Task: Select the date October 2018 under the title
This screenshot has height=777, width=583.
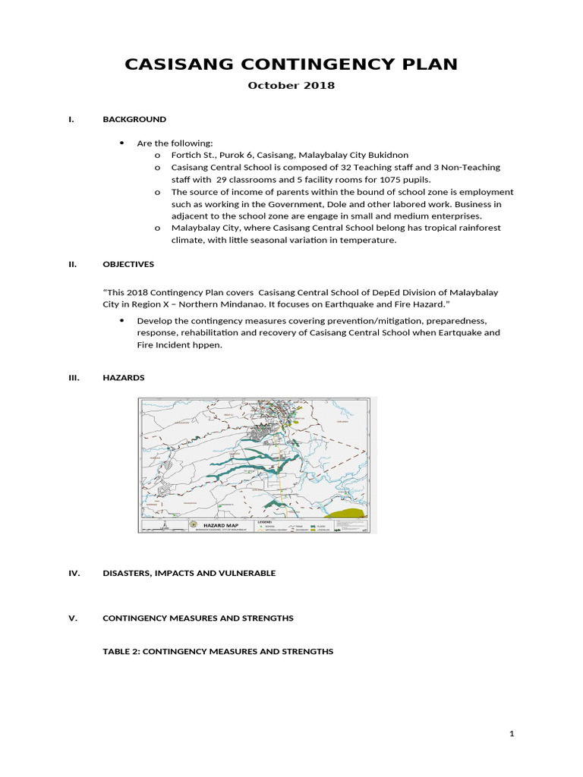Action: click(x=291, y=85)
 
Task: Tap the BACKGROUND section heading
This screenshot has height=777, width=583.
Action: click(x=134, y=119)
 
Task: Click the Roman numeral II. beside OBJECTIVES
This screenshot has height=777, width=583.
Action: click(x=74, y=264)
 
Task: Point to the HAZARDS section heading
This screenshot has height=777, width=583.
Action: click(x=123, y=377)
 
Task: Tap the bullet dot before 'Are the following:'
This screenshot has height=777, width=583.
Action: click(x=122, y=143)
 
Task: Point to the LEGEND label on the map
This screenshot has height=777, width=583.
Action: click(x=266, y=522)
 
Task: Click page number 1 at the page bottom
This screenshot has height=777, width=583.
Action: click(x=512, y=734)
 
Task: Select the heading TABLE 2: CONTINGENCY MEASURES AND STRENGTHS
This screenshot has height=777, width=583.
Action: click(x=218, y=651)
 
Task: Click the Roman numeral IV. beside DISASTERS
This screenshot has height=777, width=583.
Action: click(x=74, y=573)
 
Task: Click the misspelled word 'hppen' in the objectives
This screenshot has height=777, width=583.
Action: click(x=210, y=344)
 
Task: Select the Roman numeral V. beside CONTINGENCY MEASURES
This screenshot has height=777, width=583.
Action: click(x=74, y=618)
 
